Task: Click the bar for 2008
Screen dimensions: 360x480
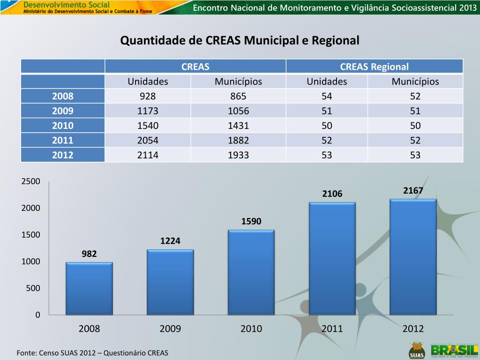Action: point(89,288)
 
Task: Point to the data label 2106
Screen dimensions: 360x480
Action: point(332,194)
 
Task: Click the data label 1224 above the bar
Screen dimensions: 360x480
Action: point(170,241)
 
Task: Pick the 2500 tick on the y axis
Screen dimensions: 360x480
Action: point(31,181)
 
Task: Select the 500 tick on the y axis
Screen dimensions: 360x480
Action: point(33,288)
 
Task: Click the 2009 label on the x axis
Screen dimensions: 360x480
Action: point(170,329)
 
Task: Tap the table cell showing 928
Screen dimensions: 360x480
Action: point(148,97)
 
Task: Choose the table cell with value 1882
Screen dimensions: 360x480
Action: point(238,140)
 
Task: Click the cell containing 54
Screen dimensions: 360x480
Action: point(327,97)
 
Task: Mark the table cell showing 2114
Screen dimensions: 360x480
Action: point(148,155)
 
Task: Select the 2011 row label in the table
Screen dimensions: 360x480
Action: point(63,140)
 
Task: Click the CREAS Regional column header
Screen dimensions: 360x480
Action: point(374,67)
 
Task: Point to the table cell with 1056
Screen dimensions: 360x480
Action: point(238,111)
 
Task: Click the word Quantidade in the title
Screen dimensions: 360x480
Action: point(153,41)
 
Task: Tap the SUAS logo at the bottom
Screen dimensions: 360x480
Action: point(416,350)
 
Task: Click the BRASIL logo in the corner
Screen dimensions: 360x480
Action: point(454,350)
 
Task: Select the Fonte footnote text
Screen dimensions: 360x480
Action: point(92,352)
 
